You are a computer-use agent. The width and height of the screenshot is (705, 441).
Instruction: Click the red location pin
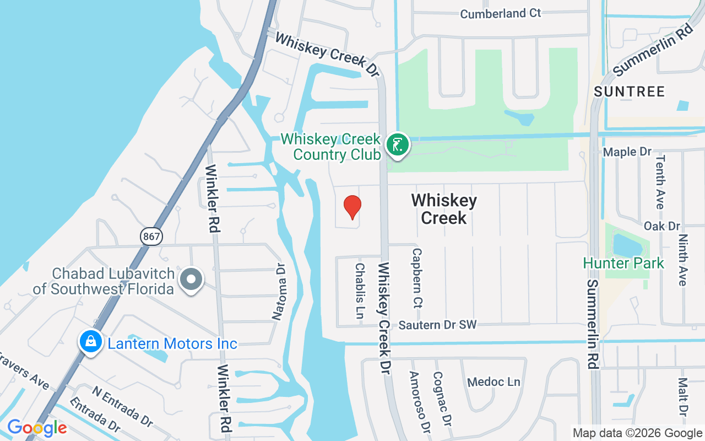point(352,207)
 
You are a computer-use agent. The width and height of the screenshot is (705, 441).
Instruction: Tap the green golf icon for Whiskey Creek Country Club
point(397,145)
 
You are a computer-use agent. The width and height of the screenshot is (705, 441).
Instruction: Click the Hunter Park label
point(623,263)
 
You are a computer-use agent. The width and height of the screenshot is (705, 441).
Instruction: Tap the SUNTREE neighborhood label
point(629,91)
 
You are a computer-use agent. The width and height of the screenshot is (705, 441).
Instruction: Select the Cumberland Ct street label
point(500,13)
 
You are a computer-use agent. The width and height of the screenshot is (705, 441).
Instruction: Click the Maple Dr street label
point(627,152)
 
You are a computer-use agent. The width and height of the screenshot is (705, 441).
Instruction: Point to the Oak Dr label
point(662,226)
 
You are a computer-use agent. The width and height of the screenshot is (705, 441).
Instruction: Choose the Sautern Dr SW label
point(437,325)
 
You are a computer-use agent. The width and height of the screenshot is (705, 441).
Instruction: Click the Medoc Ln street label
point(493,381)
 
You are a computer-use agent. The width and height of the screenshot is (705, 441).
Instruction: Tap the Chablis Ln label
point(360,291)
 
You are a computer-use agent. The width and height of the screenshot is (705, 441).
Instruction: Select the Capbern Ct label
point(417,277)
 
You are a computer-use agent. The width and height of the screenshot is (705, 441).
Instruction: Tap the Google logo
point(37,428)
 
